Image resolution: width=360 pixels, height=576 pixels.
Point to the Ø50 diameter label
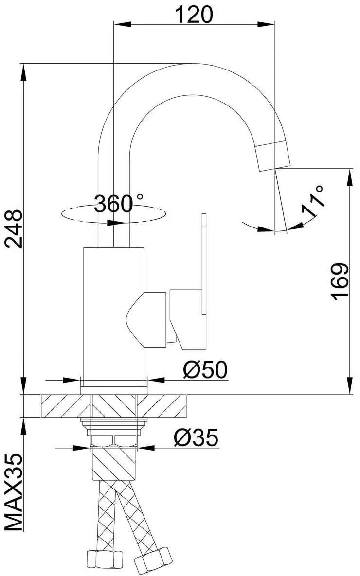pyautogui.click(x=205, y=370)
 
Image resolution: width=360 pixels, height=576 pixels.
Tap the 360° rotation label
pyautogui.click(x=119, y=204)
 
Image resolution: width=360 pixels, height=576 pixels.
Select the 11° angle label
pyautogui.click(x=312, y=201)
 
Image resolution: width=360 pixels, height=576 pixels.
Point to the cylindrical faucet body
pyautogui.click(x=113, y=311)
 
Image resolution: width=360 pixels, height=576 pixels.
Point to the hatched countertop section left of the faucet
pyautogui.click(x=66, y=406)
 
